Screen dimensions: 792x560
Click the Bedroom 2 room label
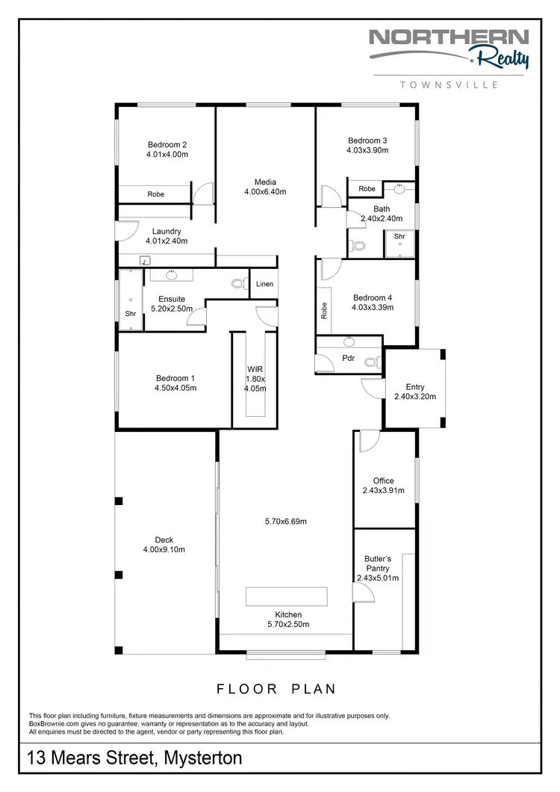click(167, 145)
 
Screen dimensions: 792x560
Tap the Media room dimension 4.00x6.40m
click(265, 192)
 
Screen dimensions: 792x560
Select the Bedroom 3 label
click(367, 140)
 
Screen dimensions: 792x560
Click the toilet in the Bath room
click(358, 245)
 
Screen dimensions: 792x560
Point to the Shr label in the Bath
click(399, 236)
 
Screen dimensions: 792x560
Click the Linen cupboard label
click(264, 284)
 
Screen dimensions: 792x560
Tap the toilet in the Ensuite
click(238, 283)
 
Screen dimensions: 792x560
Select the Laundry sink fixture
click(145, 261)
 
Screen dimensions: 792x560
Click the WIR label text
click(255, 369)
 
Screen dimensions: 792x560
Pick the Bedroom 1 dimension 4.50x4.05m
click(176, 388)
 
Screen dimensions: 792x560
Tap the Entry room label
click(414, 387)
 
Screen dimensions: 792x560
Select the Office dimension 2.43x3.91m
click(383, 491)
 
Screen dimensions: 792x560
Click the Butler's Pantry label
click(378, 563)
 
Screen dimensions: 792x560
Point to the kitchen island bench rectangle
click(287, 596)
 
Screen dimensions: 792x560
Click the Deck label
click(164, 539)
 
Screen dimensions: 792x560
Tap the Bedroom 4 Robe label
click(323, 310)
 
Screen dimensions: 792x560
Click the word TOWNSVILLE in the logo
click(449, 85)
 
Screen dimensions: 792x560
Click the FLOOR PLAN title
click(276, 688)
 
